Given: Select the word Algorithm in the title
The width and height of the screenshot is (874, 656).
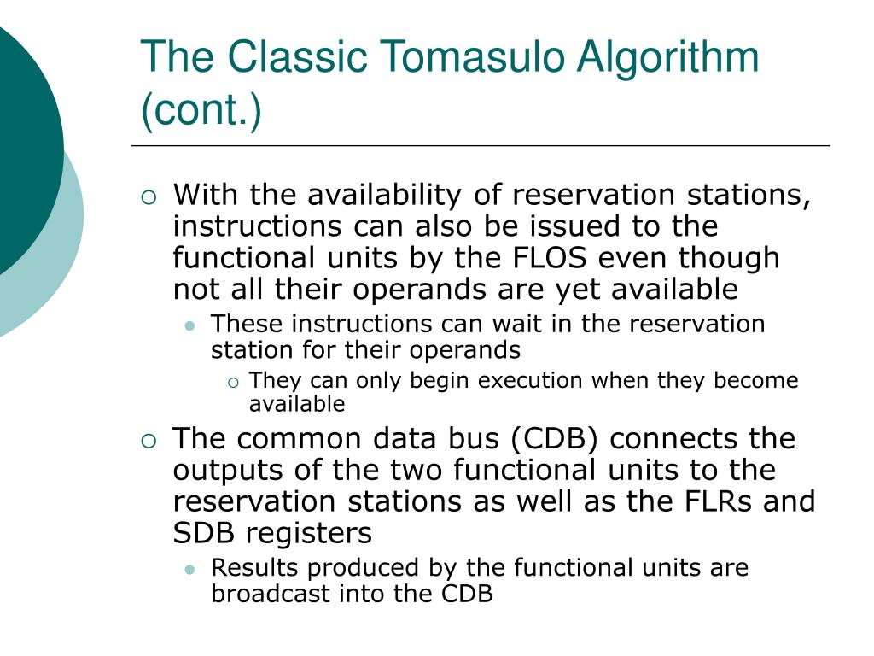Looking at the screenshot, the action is (667, 57).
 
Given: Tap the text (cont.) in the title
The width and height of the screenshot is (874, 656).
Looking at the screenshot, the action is (202, 111).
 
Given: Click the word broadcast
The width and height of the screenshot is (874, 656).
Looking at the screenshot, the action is (268, 594).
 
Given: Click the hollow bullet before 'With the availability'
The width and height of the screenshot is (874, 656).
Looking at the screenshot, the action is (149, 197).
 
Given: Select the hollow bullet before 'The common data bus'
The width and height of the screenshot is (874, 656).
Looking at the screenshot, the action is (149, 441).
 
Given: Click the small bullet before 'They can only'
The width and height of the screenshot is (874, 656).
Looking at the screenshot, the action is (232, 382).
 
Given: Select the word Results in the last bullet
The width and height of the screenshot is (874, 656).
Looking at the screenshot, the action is (248, 568).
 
